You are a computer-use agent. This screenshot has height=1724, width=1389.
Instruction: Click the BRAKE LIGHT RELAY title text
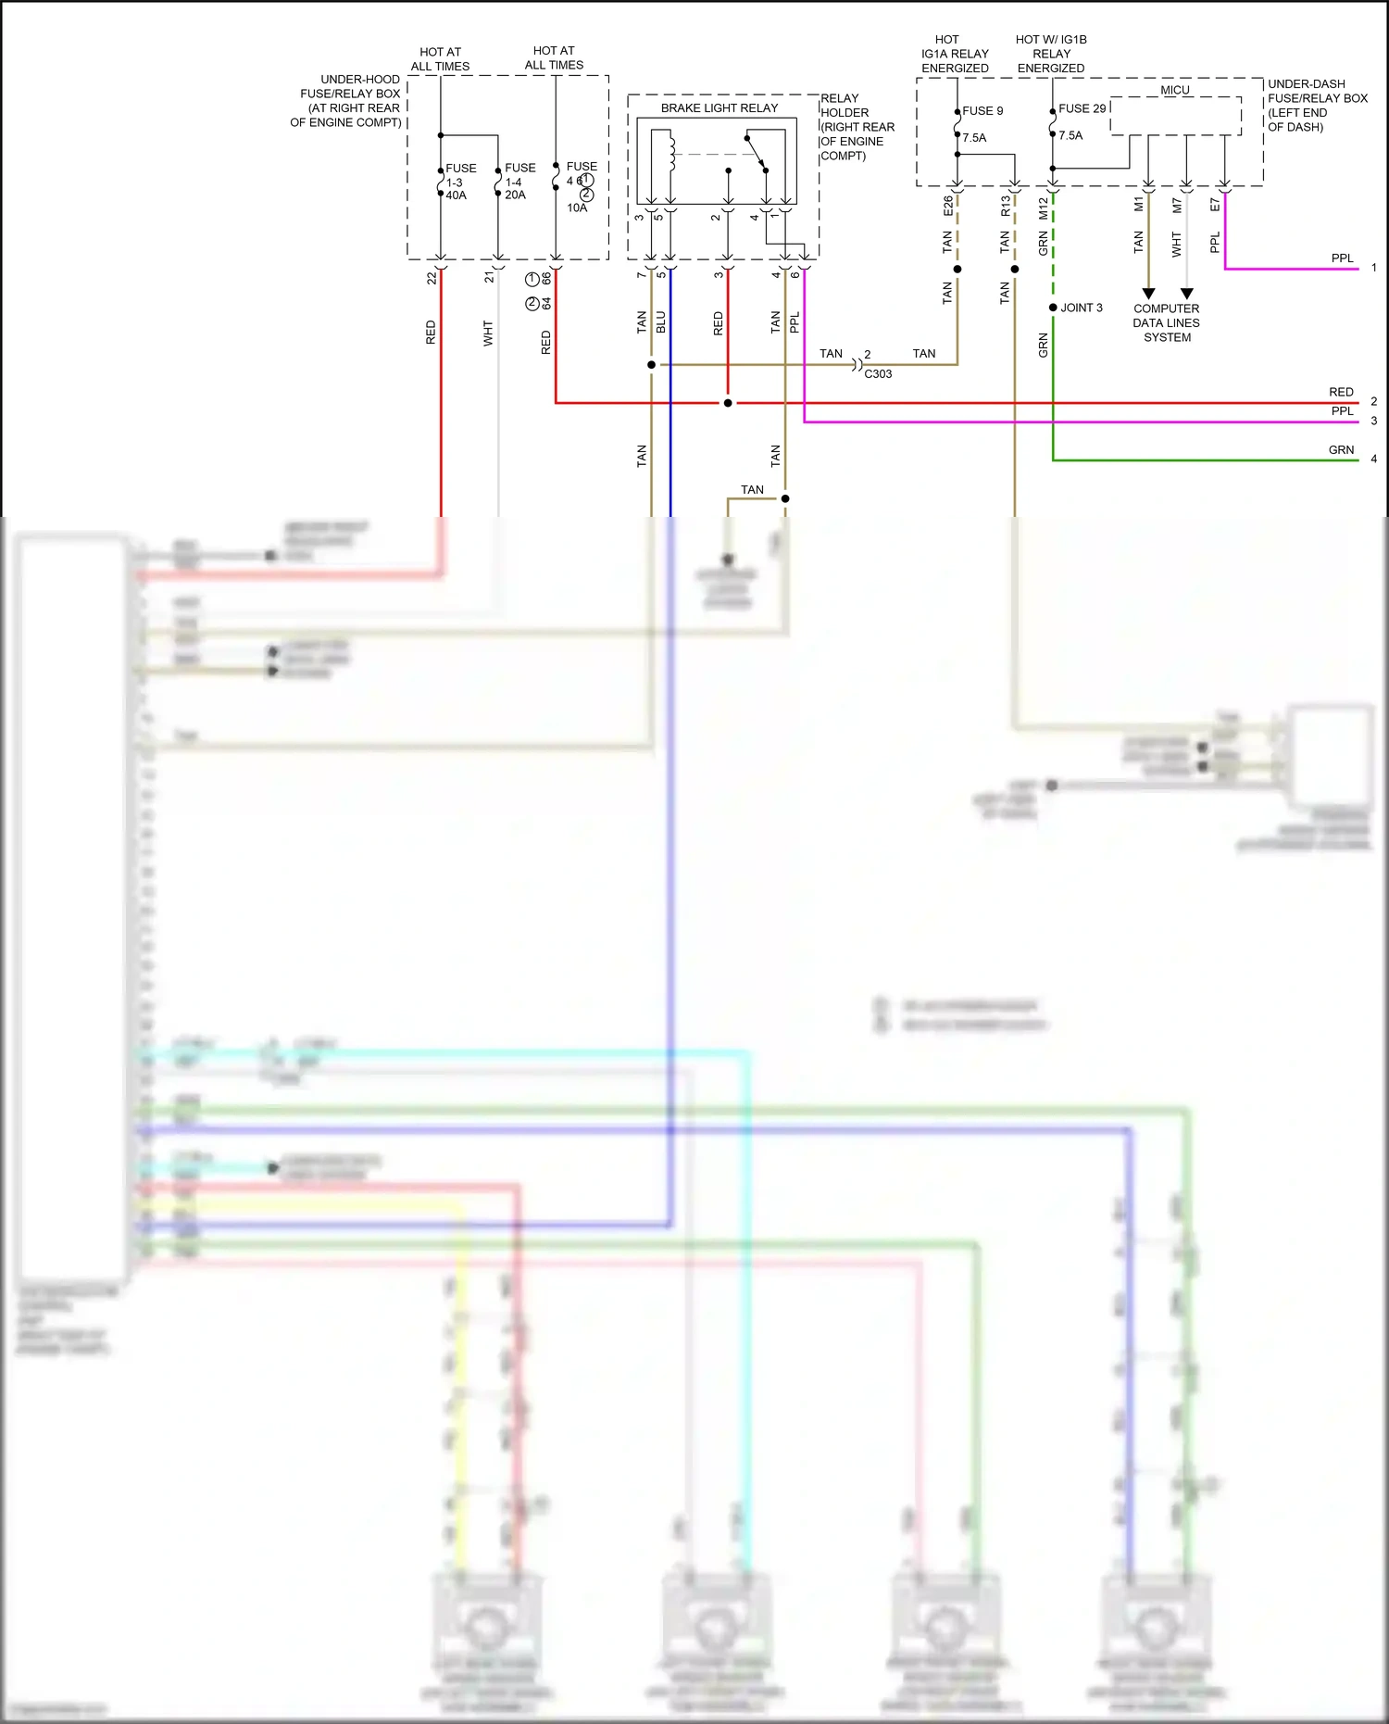719,108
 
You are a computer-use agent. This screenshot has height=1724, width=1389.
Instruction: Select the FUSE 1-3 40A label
460,182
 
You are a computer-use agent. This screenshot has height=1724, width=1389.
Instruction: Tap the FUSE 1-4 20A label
519,181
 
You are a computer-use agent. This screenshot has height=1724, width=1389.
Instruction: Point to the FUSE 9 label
982,111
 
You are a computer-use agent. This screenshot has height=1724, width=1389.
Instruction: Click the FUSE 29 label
1082,108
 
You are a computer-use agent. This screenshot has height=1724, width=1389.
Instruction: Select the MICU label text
1175,90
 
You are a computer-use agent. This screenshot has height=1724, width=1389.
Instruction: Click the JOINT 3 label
1081,308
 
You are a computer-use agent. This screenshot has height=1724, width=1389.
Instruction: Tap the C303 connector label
878,374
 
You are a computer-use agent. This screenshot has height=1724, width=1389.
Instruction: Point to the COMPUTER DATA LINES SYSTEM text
1166,323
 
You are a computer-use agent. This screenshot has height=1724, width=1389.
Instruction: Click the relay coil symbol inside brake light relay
671,153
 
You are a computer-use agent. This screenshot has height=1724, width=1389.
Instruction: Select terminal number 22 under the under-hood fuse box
432,278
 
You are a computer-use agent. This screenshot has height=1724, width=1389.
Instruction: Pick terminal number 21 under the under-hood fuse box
490,277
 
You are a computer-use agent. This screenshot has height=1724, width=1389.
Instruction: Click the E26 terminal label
948,206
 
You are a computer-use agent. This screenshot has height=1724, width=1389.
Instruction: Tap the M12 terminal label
1044,208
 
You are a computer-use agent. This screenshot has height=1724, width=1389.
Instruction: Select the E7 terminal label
1215,205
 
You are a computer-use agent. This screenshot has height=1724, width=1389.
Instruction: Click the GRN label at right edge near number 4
1341,450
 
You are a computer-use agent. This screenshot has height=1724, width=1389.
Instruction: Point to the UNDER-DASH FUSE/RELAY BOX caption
1316,105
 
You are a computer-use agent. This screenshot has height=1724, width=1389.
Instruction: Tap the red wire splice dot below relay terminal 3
728,403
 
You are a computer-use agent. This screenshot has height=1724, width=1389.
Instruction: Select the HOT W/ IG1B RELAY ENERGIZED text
1051,54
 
